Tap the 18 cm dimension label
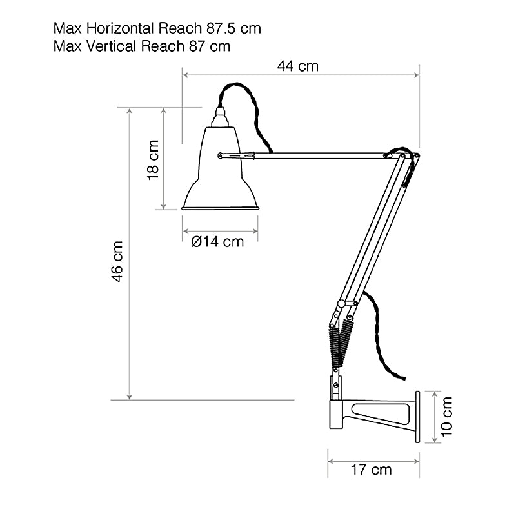153,159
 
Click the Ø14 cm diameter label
218,242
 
